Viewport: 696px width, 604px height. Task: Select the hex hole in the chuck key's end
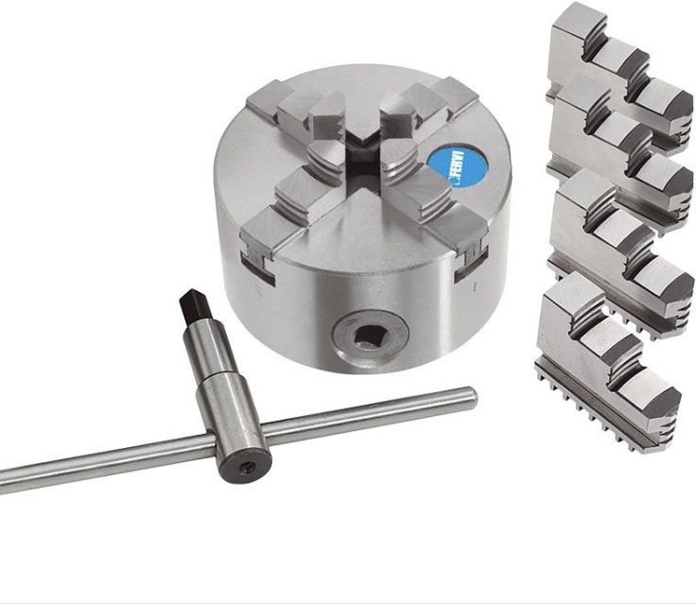247,467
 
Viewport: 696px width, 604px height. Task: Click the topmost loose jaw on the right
619,76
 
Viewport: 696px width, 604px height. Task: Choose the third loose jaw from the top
620,253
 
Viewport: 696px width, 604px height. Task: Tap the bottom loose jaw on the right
607,358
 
